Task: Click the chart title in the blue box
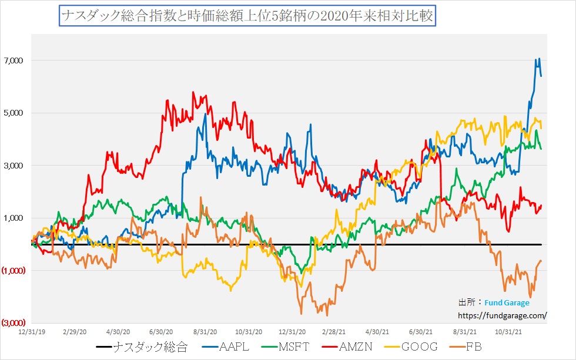coord(246,16)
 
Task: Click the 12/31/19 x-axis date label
coord(30,332)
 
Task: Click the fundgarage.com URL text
coord(503,315)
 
